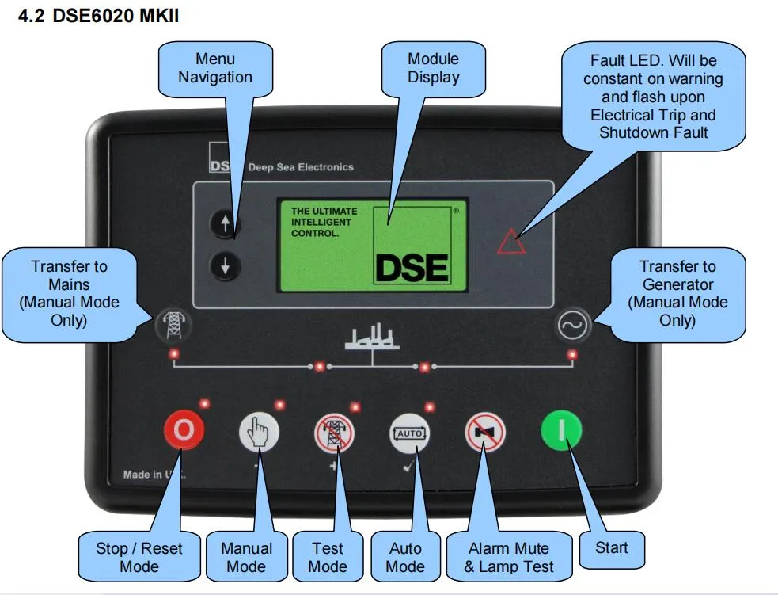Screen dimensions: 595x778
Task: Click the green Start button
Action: [x=561, y=431]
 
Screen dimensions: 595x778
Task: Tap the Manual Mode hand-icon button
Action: [x=259, y=433]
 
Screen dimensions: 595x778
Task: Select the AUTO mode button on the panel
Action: [x=409, y=433]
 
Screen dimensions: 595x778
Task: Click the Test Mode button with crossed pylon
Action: [x=335, y=433]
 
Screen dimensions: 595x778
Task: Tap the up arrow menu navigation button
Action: [x=226, y=225]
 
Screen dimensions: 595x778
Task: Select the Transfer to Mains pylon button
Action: [x=172, y=323]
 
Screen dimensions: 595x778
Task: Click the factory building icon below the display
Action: [x=372, y=338]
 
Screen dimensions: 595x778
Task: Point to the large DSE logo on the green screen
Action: [x=412, y=267]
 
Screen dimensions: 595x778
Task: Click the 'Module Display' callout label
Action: [x=433, y=68]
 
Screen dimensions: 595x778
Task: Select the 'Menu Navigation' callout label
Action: [x=215, y=68]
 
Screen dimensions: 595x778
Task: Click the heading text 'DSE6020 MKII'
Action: [x=116, y=16]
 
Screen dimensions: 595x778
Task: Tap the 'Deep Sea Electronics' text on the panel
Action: [x=301, y=167]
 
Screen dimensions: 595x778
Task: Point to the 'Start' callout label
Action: [x=612, y=547]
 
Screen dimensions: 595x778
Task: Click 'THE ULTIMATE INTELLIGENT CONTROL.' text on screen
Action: [x=324, y=223]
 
